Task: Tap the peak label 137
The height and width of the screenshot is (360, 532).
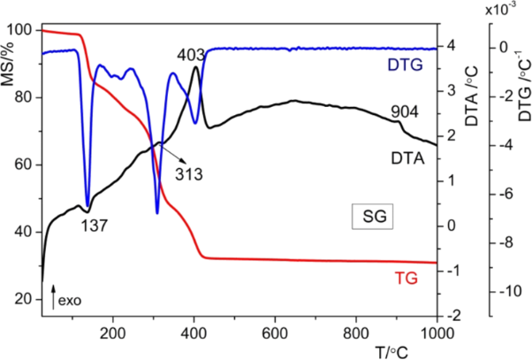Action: [x=94, y=225]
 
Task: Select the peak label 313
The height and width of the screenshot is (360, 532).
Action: [x=188, y=173]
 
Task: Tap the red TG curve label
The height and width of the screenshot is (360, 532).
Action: [x=406, y=278]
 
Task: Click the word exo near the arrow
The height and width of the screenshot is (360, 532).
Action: [x=70, y=301]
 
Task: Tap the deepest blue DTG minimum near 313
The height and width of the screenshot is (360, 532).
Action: [x=157, y=212]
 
